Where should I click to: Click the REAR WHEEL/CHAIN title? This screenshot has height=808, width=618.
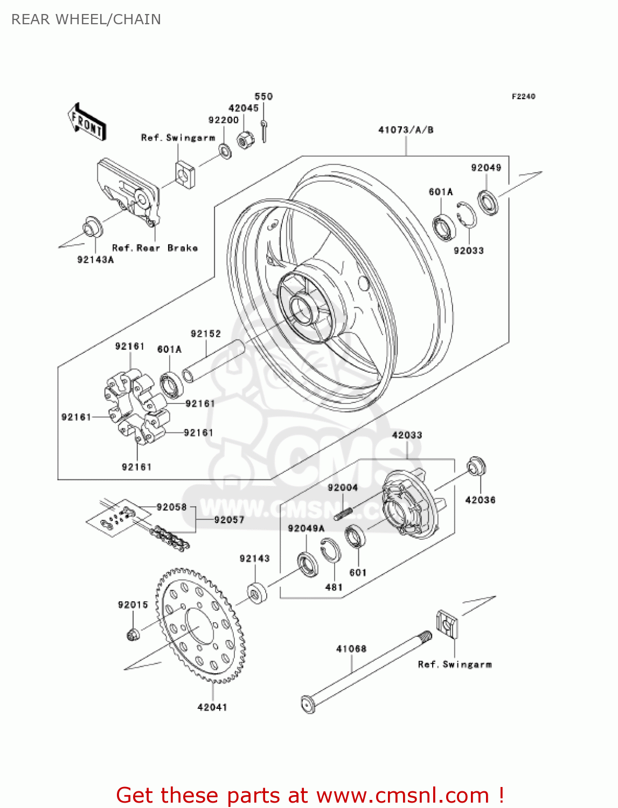pyautogui.click(x=86, y=19)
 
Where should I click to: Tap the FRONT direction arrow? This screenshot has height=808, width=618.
pyautogui.click(x=87, y=122)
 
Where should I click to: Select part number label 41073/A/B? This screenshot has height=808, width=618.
pyautogui.click(x=406, y=130)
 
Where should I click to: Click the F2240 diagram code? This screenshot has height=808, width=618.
pyautogui.click(x=523, y=96)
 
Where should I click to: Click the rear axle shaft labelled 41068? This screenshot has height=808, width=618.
pyautogui.click(x=366, y=671)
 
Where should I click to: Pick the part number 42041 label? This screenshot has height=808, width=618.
pyautogui.click(x=212, y=707)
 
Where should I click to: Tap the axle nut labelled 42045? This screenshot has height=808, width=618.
pyautogui.click(x=245, y=140)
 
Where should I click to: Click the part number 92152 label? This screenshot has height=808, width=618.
pyautogui.click(x=206, y=334)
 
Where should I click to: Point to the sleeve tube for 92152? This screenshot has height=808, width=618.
pyautogui.click(x=213, y=361)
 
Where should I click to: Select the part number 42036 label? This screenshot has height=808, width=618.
pyautogui.click(x=480, y=500)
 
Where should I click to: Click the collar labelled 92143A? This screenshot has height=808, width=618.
pyautogui.click(x=92, y=228)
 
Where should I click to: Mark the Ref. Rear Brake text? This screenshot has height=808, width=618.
pyautogui.click(x=155, y=248)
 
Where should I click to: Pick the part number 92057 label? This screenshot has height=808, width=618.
pyautogui.click(x=229, y=520)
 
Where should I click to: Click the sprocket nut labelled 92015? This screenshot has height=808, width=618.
pyautogui.click(x=133, y=634)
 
